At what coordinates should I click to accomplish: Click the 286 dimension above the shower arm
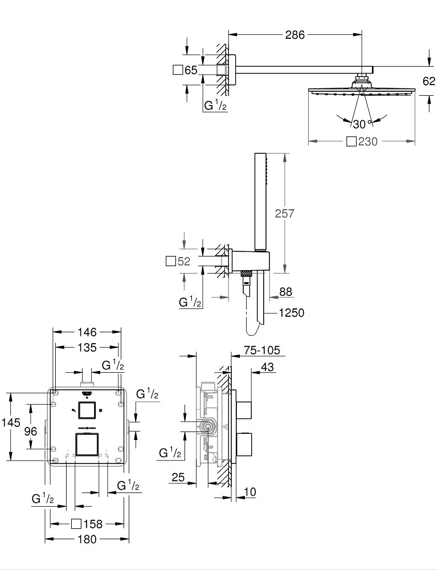pos(295,35)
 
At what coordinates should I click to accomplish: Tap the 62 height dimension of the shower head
pos(429,81)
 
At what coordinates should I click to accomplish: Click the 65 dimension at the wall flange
pos(190,70)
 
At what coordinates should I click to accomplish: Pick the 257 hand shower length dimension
pos(285,213)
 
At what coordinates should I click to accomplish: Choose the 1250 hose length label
pos(292,312)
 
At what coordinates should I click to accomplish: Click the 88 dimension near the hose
pos(285,291)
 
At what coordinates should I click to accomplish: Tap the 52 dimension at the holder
pos(183,262)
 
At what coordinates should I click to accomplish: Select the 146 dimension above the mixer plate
pos(87,332)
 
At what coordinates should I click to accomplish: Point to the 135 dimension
pos(87,348)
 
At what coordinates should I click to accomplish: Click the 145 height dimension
pos(11,422)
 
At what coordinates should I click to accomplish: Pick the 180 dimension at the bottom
pos(87,539)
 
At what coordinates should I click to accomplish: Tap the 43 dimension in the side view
pos(266,368)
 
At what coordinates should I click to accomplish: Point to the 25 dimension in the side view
pos(178,477)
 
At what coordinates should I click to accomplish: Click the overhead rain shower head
pos(359,90)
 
